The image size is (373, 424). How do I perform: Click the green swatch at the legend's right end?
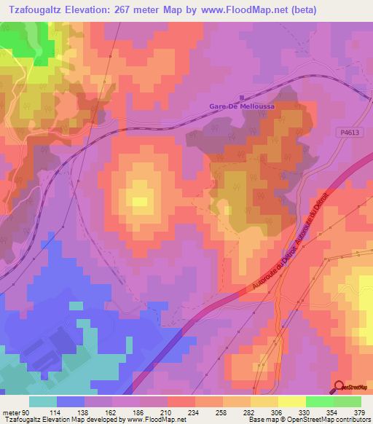347,401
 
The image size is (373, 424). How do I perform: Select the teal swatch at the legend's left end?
43,401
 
